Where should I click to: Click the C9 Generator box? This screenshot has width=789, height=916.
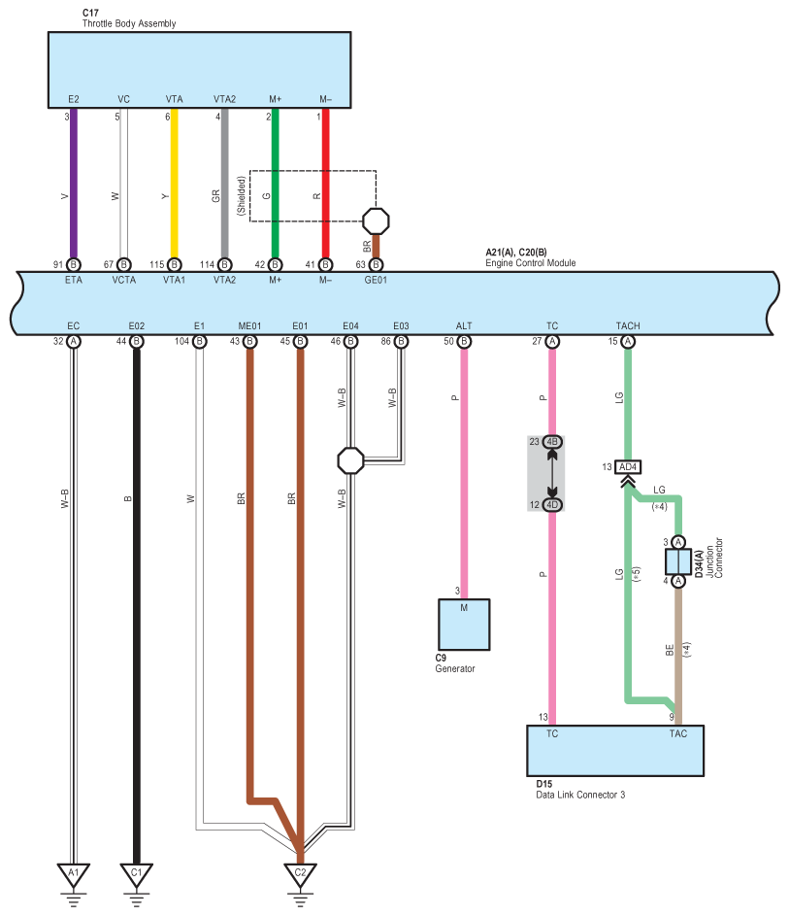[464, 624]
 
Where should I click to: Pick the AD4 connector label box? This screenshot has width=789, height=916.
[628, 466]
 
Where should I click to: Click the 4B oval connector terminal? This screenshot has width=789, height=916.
[552, 442]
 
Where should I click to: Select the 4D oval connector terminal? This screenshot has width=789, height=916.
[552, 504]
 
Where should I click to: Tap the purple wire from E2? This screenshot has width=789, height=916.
[73, 185]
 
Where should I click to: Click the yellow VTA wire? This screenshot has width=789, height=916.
[174, 185]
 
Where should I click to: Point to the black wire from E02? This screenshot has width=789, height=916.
[136, 602]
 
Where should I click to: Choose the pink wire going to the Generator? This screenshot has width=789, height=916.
[464, 466]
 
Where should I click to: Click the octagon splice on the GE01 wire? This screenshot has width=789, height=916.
[376, 220]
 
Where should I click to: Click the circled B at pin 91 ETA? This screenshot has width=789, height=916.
[73, 263]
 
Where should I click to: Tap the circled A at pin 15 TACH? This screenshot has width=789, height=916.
[628, 341]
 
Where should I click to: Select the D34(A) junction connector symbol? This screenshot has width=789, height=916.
[677, 561]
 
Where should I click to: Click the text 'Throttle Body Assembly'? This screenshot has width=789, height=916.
[128, 23]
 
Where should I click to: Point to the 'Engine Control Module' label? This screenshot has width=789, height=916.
[530, 263]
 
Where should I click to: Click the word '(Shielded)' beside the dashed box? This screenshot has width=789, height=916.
[241, 195]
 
